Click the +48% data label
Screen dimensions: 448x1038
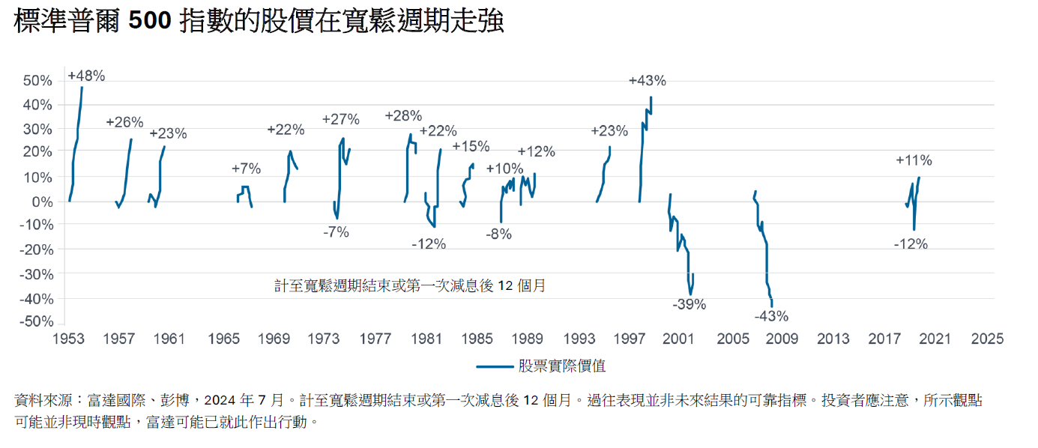86,76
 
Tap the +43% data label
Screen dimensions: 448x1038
647,81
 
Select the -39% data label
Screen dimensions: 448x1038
689,304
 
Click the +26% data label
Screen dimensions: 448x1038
124,122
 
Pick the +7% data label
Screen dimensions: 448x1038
246,169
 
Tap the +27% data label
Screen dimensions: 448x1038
340,119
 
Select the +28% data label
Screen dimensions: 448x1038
403,116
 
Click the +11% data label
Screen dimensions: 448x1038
914,160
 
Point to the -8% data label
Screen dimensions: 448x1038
498,234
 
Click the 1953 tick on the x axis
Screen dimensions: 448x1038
67,339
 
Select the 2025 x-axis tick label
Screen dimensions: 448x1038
986,339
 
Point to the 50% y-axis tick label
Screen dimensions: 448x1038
38,81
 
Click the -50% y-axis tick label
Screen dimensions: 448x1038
37,321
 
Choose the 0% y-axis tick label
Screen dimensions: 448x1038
42,202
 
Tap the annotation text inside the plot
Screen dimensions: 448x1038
409,285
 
